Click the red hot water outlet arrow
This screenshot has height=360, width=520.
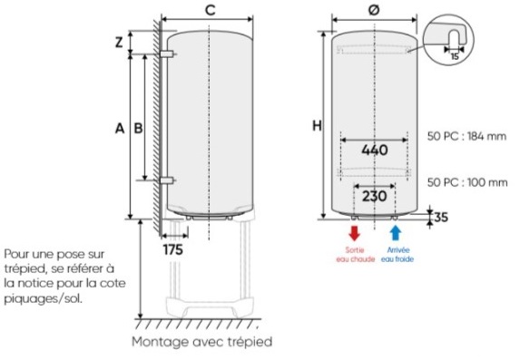355,233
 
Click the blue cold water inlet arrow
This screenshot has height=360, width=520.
396,233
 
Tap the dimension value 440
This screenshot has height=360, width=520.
375,151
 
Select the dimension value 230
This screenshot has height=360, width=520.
375,196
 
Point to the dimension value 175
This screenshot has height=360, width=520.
173,249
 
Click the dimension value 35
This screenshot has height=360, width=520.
441,217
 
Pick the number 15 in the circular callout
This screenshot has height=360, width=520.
455,57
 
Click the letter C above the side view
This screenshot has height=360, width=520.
211,10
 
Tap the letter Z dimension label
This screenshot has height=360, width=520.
119,42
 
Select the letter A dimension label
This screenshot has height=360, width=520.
120,128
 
